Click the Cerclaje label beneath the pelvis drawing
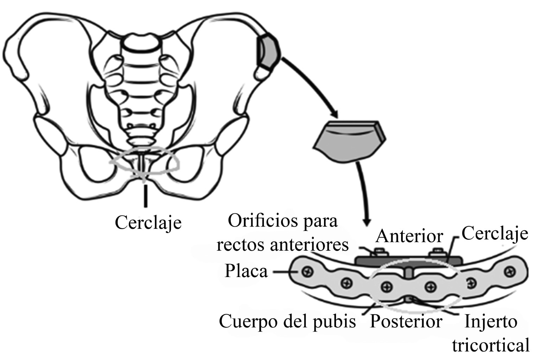148,223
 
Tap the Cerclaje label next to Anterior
494,233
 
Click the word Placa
246,271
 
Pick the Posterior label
406,321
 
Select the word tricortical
490,345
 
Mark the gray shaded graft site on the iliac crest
269,51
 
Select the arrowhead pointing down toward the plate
367,222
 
